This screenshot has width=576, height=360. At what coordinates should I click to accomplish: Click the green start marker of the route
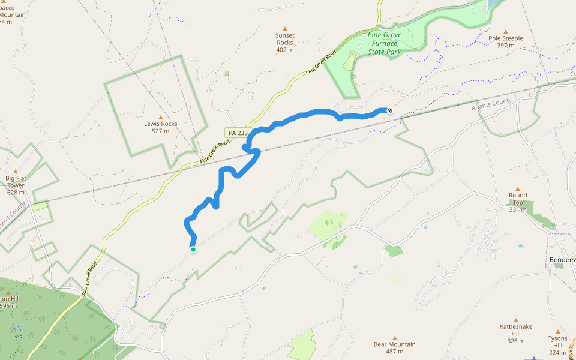pyautogui.click(x=193, y=249)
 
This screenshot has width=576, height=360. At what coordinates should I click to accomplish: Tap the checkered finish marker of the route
pyautogui.click(x=389, y=110)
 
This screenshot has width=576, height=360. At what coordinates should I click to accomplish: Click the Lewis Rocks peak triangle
pyautogui.click(x=161, y=117)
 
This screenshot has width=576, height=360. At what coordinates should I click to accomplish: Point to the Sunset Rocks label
pyautogui.click(x=285, y=39)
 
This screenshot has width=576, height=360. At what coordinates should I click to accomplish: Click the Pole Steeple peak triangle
pyautogui.click(x=506, y=32)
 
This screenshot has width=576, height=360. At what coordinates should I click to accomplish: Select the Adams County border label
pyautogui.click(x=491, y=105)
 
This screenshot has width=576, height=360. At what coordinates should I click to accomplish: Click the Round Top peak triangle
pyautogui.click(x=518, y=188)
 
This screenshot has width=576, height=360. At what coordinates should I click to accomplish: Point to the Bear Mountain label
pyautogui.click(x=395, y=344)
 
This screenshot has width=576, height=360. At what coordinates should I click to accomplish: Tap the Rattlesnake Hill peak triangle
pyautogui.click(x=516, y=320)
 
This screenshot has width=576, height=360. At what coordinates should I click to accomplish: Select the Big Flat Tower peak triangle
pyautogui.click(x=16, y=172)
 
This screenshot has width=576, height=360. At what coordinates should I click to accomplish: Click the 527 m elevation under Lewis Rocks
pyautogui.click(x=161, y=131)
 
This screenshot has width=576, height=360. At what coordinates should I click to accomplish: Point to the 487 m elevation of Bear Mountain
pyautogui.click(x=395, y=352)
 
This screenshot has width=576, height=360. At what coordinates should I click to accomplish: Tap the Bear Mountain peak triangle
pyautogui.click(x=395, y=338)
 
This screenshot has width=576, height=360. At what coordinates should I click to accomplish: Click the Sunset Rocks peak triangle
pyautogui.click(x=285, y=28)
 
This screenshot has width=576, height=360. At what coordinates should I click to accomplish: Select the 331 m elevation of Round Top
pyautogui.click(x=518, y=209)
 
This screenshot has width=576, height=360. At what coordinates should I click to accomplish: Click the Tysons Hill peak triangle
pyautogui.click(x=557, y=331)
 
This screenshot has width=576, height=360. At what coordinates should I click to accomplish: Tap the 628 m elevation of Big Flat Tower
pyautogui.click(x=16, y=193)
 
